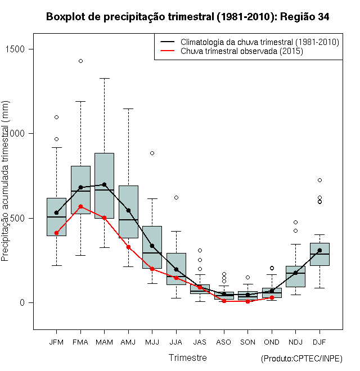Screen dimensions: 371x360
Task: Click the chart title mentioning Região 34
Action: pyautogui.click(x=187, y=17)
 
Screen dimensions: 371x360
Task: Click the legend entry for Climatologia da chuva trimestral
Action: pyautogui.click(x=259, y=42)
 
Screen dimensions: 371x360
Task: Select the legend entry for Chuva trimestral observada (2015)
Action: pyautogui.click(x=242, y=51)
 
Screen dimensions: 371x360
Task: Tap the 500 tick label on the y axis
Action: pyautogui.click(x=25, y=218)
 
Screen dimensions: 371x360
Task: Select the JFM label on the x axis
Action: pyautogui.click(x=56, y=342)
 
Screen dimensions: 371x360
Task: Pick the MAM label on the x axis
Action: pyautogui.click(x=104, y=342)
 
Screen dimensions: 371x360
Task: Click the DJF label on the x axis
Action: pyautogui.click(x=319, y=342)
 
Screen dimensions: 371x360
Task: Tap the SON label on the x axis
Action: pyautogui.click(x=247, y=342)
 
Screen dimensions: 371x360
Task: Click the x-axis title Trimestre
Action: pyautogui.click(x=187, y=358)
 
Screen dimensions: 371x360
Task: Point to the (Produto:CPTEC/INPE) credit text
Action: pyautogui.click(x=301, y=359)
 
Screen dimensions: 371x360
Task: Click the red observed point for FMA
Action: pyautogui.click(x=80, y=206)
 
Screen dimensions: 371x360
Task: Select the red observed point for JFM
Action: pyautogui.click(x=56, y=233)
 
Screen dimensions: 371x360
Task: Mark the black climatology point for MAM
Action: pyautogui.click(x=104, y=184)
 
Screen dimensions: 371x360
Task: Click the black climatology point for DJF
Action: pyautogui.click(x=319, y=250)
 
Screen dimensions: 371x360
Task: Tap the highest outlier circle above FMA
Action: pyautogui.click(x=80, y=61)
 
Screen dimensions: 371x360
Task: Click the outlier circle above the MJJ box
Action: pyautogui.click(x=152, y=153)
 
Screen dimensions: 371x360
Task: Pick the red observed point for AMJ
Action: pyautogui.click(x=128, y=247)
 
